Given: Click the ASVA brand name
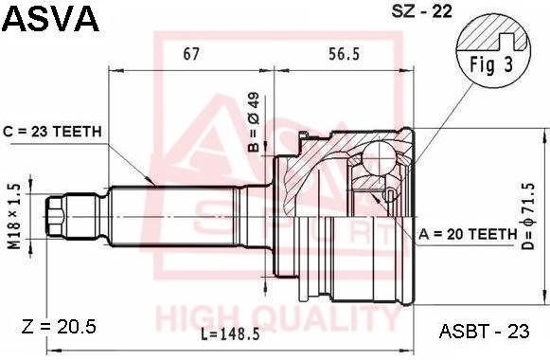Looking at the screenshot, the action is pos(50,19).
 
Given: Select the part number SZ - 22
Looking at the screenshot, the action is pos(421,11).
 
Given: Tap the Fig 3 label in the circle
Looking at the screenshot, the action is pos(491,65).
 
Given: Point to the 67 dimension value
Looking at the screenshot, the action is pos(191,54).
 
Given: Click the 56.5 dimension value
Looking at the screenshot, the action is pos(344,54).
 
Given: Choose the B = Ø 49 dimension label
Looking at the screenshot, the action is pos(254,122).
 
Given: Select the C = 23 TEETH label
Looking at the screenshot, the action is pos(53,132).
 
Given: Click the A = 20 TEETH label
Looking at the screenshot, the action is pos(469,234).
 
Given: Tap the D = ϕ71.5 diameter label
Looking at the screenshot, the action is pos(527,217).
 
